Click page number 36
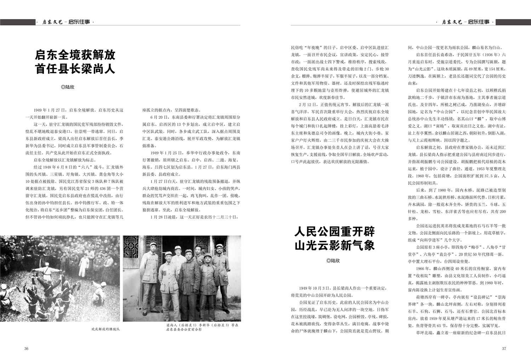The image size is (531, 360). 26,348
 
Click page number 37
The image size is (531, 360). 504,348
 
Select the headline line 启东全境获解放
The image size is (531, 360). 75,55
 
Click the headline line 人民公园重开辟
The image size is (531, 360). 335,232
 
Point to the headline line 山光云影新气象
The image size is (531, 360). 335,245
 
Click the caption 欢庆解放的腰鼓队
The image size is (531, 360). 105,329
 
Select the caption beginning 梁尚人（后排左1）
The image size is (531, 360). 202,327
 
